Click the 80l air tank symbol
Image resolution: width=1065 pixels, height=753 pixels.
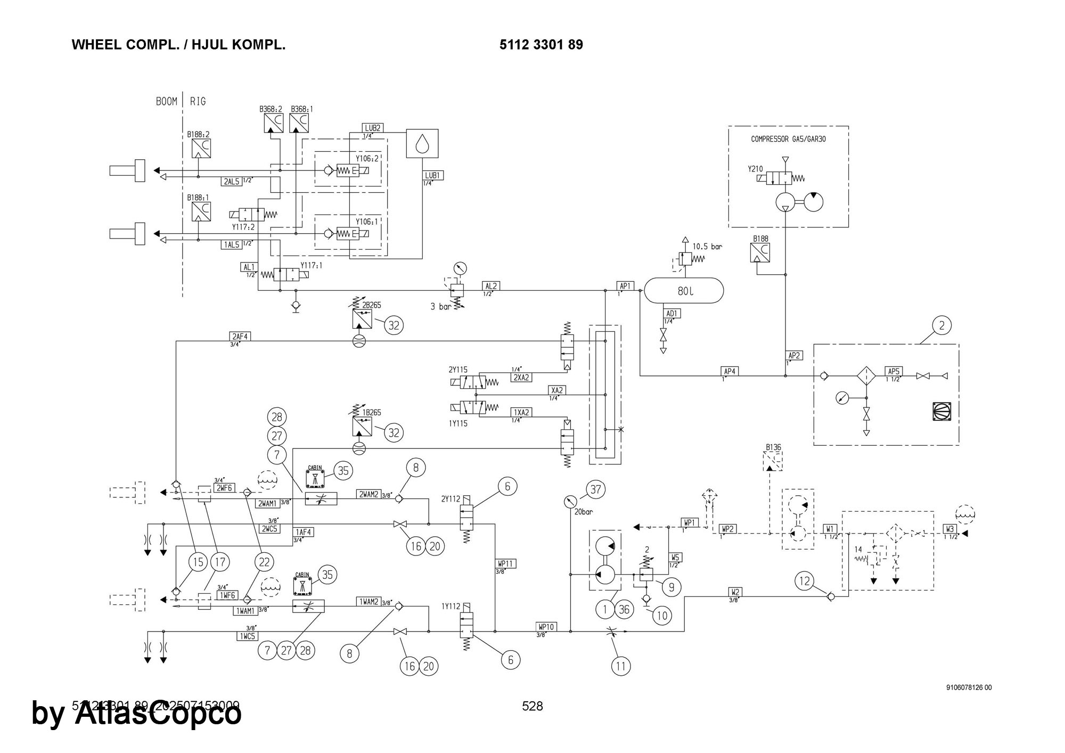[684, 291]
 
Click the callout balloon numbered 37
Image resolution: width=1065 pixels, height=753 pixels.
[595, 489]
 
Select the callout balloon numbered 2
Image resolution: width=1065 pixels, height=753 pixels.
[941, 325]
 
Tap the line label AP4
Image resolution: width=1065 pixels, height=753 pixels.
[729, 371]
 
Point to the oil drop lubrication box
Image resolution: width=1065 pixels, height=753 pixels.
[422, 143]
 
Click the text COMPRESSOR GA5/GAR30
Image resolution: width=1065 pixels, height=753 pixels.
[788, 139]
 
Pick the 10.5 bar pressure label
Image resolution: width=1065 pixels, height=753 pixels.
[707, 247]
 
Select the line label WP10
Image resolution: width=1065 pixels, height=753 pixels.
[547, 627]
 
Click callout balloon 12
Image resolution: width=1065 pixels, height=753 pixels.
[805, 580]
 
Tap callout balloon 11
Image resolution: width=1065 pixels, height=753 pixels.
[621, 665]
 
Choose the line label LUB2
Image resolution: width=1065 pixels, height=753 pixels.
[373, 128]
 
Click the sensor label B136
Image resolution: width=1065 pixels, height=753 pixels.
[773, 447]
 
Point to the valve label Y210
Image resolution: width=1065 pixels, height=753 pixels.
[755, 169]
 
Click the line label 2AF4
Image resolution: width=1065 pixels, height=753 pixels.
[240, 337]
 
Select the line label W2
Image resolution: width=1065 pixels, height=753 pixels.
[735, 592]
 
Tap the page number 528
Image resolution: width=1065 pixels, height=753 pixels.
[532, 706]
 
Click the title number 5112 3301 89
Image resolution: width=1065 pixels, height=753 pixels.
[541, 45]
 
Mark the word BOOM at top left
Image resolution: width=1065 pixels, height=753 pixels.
[167, 101]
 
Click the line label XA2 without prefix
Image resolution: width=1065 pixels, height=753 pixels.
[557, 390]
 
